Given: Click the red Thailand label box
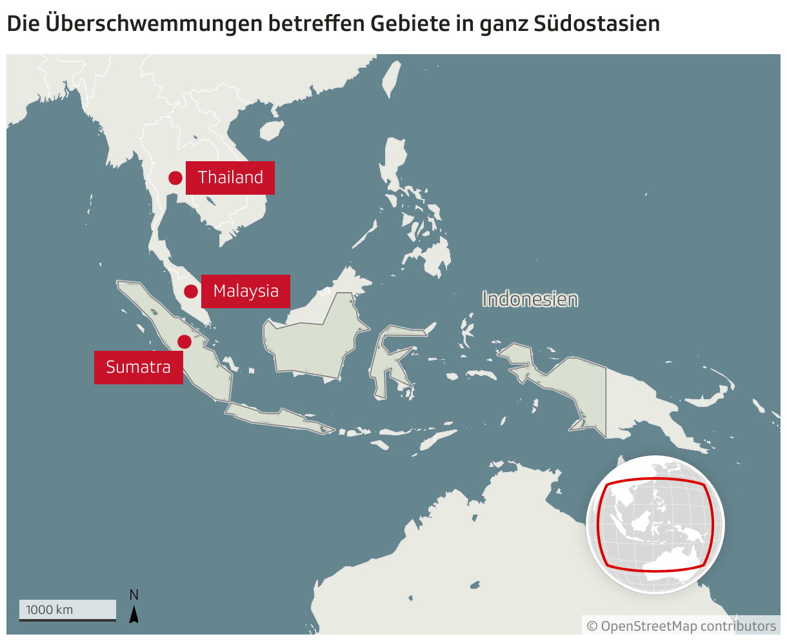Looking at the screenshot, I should click(x=230, y=177).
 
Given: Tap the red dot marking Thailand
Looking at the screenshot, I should click(x=175, y=178).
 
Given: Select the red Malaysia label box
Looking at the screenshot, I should click(x=246, y=291).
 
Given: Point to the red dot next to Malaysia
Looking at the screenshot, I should click(x=191, y=291).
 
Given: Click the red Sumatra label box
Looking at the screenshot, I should click(x=138, y=368).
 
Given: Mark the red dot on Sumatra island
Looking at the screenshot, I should click(x=184, y=342).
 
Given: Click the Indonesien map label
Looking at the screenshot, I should click(x=530, y=299).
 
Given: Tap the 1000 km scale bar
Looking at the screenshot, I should click(x=67, y=611).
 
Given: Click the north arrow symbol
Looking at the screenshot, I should click(x=134, y=615).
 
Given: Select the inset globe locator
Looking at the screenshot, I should click(x=655, y=524).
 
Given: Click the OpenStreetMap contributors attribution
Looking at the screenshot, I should click(x=681, y=626).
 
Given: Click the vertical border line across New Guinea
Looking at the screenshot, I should click(x=606, y=400).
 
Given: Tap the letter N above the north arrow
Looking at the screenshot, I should click(x=134, y=595).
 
